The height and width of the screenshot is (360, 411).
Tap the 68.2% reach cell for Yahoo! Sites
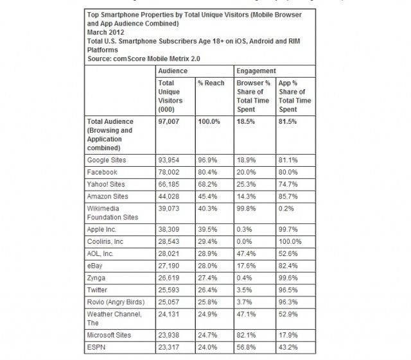(x=207, y=184)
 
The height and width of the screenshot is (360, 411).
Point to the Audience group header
(x=173, y=71)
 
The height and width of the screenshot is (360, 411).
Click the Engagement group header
(x=256, y=71)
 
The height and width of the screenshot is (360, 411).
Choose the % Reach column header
(x=210, y=83)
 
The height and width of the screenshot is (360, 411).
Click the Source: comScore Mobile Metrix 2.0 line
(x=141, y=59)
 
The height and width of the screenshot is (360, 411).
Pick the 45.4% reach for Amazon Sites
(x=207, y=198)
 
